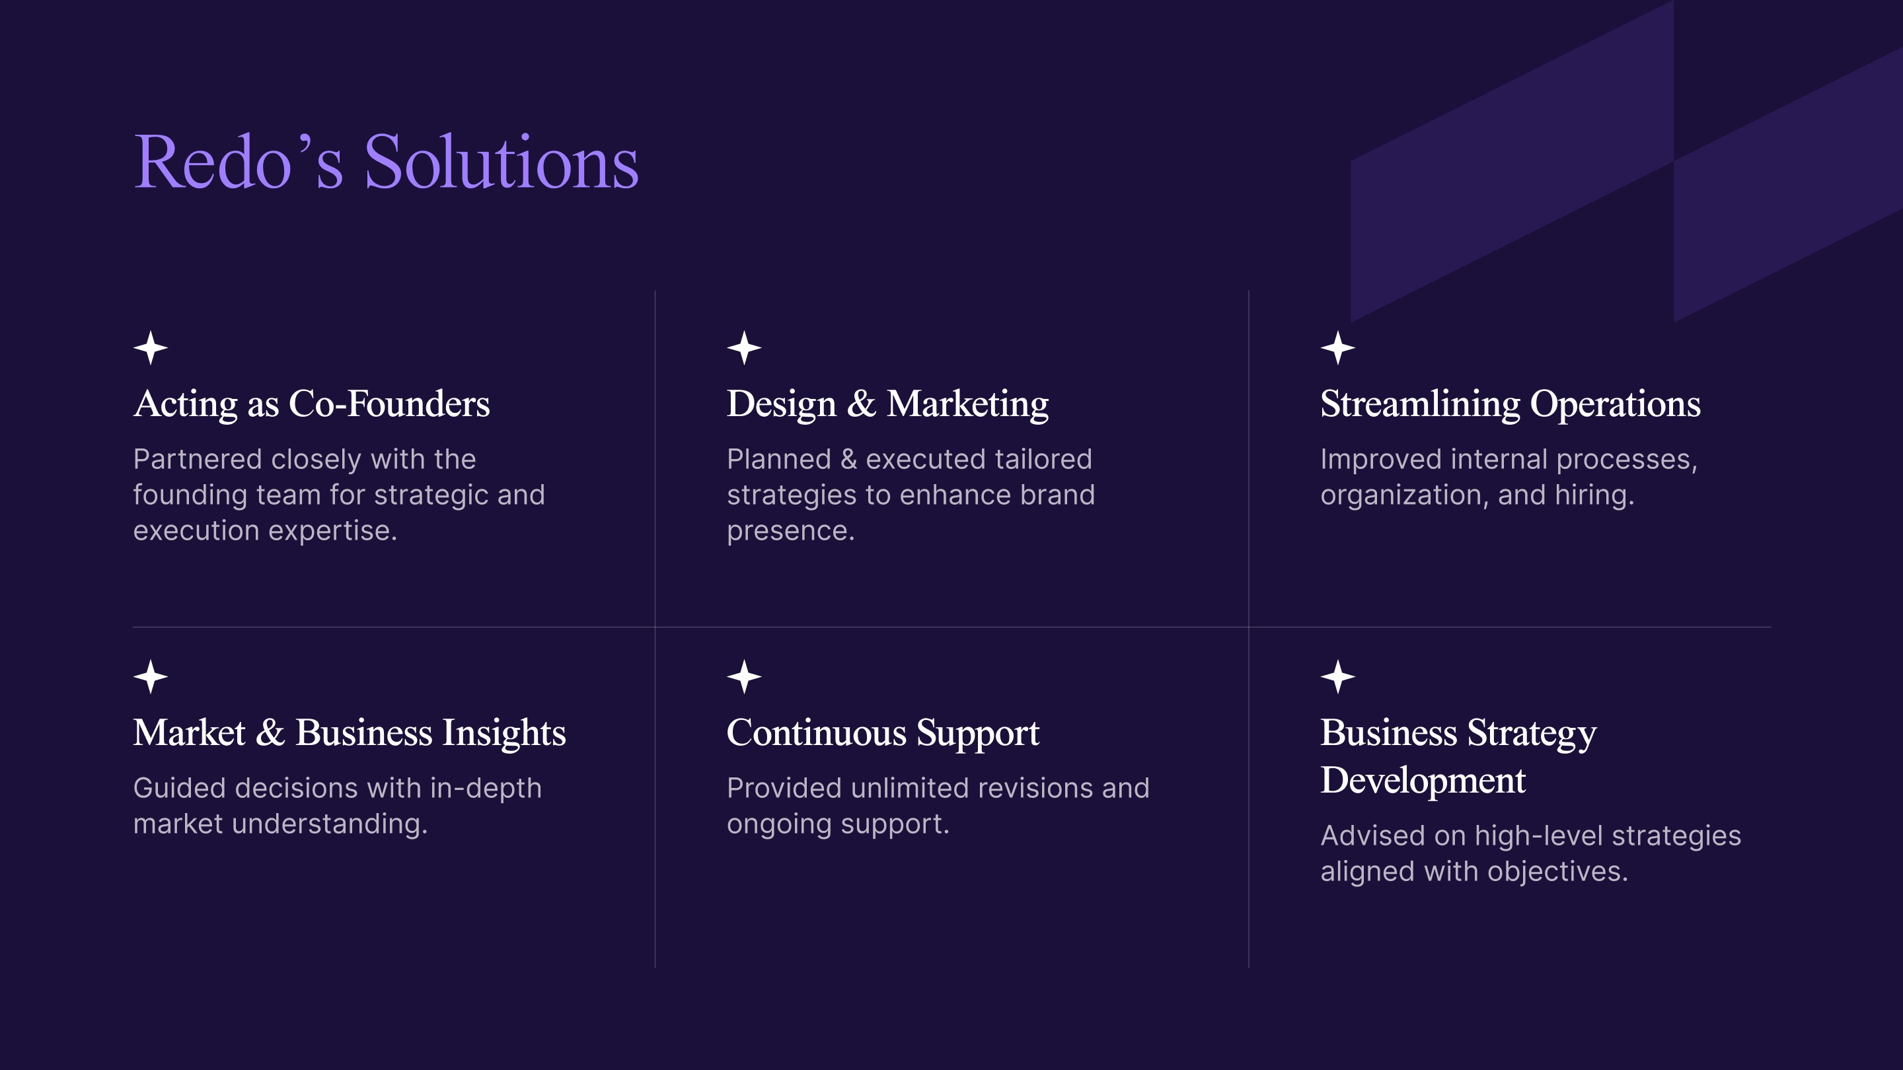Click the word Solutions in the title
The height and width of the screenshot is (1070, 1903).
pyautogui.click(x=501, y=162)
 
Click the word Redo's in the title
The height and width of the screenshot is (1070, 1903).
pyautogui.click(x=238, y=162)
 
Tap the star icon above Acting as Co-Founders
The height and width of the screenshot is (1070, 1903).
pyautogui.click(x=151, y=348)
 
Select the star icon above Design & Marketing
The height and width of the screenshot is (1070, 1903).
pyautogui.click(x=744, y=348)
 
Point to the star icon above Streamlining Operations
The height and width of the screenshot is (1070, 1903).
pyautogui.click(x=1338, y=348)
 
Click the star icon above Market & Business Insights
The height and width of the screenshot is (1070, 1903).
pyautogui.click(x=151, y=677)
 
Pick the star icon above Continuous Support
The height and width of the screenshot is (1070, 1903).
pyautogui.click(x=744, y=677)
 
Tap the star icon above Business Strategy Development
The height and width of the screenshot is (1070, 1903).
pyautogui.click(x=1338, y=677)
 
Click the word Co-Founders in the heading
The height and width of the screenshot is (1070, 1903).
pyautogui.click(x=389, y=404)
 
